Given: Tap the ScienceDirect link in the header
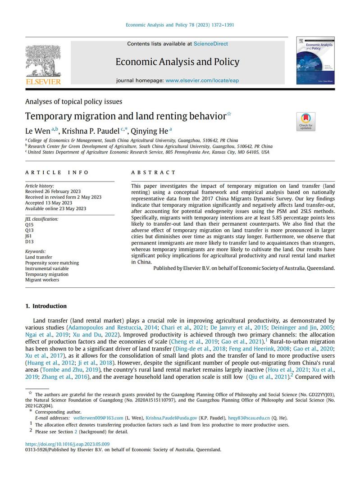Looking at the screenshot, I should (x=210, y=44).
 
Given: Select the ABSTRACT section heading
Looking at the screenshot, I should (x=153, y=173).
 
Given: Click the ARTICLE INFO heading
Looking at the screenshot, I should (x=57, y=173).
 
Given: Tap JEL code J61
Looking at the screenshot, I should (x=29, y=236).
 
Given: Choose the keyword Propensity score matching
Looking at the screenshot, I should (x=52, y=263).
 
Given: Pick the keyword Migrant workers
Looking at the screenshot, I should (x=42, y=280).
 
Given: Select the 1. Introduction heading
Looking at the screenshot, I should (x=46, y=306).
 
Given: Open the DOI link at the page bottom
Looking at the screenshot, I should (x=67, y=444).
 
